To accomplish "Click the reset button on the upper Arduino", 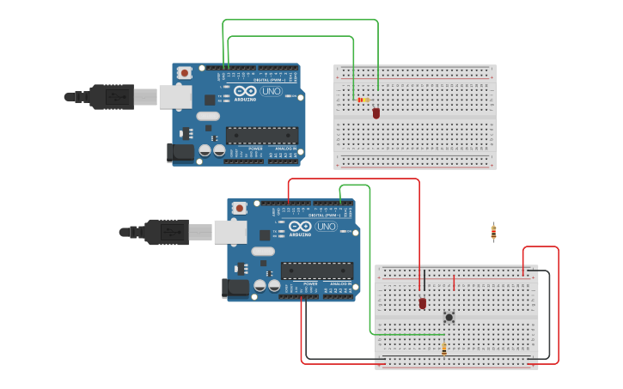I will click(184, 73).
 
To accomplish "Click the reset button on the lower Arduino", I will click(239, 208).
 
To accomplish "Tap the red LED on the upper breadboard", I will click(376, 112).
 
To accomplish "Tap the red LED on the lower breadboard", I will click(423, 302).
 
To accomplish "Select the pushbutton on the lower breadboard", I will click(449, 317).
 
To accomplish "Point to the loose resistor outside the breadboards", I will click(493, 231).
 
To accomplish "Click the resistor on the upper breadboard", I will click(363, 100).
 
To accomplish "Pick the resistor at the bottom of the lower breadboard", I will click(444, 349).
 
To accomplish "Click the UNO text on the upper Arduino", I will click(272, 91).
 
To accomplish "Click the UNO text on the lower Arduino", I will click(327, 227).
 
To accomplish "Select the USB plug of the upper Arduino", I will click(112, 97).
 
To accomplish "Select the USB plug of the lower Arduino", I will click(167, 232).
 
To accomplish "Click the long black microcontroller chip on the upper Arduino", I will click(262, 135).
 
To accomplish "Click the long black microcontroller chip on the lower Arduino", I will click(317, 270).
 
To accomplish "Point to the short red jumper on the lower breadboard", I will click(454, 283).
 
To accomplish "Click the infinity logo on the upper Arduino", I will click(245, 91).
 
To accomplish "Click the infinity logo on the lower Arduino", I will click(300, 227).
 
